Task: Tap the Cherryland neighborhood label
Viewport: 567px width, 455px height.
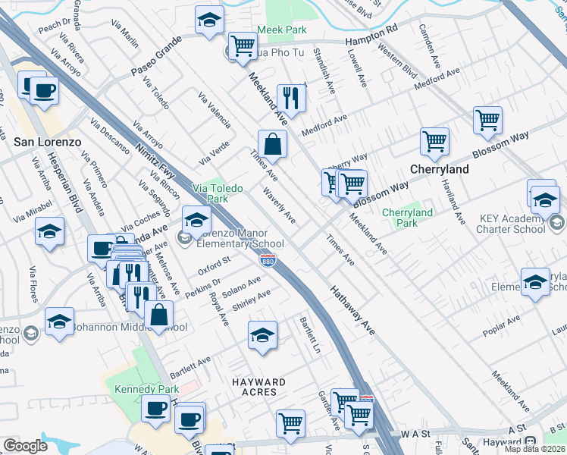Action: [440, 169]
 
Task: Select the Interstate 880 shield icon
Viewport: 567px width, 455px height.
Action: [268, 260]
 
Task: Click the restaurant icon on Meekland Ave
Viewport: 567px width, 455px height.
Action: [291, 97]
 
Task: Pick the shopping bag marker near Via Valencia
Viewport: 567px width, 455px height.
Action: [272, 144]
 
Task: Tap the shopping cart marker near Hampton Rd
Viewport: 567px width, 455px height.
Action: [243, 45]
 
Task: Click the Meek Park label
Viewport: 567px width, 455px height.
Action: [281, 30]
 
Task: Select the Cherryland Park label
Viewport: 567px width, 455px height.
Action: [408, 218]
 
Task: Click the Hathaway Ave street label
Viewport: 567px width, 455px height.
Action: [352, 311]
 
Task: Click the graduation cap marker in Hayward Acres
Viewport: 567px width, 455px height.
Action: [262, 335]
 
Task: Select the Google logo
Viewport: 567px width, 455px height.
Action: [25, 446]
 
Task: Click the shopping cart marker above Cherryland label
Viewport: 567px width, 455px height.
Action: [434, 141]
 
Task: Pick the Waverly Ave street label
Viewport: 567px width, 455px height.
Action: [280, 206]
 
